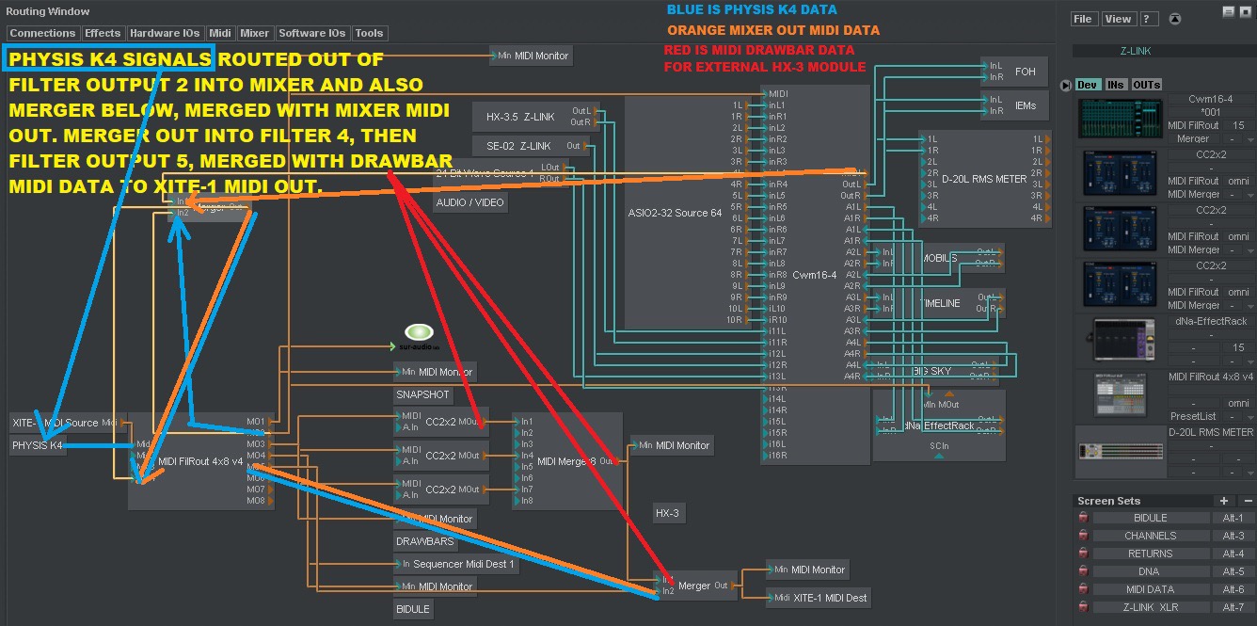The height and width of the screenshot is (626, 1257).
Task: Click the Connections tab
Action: pyautogui.click(x=42, y=33)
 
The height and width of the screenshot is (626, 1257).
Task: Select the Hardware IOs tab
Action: pyautogui.click(x=165, y=33)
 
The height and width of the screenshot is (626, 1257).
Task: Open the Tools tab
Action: pyautogui.click(x=369, y=33)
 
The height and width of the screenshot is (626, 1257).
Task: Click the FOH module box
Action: pyautogui.click(x=1025, y=72)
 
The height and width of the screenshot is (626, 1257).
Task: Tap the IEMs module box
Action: pyautogui.click(x=1025, y=105)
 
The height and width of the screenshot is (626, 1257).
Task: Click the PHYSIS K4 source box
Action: pyautogui.click(x=39, y=445)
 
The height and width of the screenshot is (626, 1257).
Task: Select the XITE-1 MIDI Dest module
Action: pyautogui.click(x=828, y=597)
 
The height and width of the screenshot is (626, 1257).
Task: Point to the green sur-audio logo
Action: pyautogui.click(x=418, y=332)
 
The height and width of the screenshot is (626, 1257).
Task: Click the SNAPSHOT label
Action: pyautogui.click(x=422, y=394)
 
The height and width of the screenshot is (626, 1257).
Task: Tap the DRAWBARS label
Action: pyautogui.click(x=424, y=541)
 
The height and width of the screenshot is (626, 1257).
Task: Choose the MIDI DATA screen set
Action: pyautogui.click(x=1150, y=589)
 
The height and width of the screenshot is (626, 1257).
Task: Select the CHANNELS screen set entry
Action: pyautogui.click(x=1150, y=536)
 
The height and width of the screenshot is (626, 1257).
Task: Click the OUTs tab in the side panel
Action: pyautogui.click(x=1147, y=85)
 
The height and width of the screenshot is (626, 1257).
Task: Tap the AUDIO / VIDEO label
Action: pyautogui.click(x=469, y=202)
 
